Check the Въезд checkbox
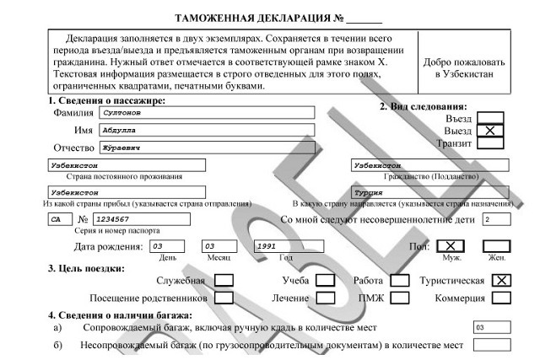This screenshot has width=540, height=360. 490,119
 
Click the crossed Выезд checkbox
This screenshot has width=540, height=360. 490,131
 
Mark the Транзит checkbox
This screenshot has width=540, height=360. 490,143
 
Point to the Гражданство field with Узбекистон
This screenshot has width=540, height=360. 429,166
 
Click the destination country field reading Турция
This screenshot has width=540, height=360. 429,193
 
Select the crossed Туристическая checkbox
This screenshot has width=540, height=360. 501,280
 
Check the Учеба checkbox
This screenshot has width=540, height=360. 326,280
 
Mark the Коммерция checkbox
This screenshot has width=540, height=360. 501,297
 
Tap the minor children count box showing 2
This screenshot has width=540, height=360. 495,219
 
